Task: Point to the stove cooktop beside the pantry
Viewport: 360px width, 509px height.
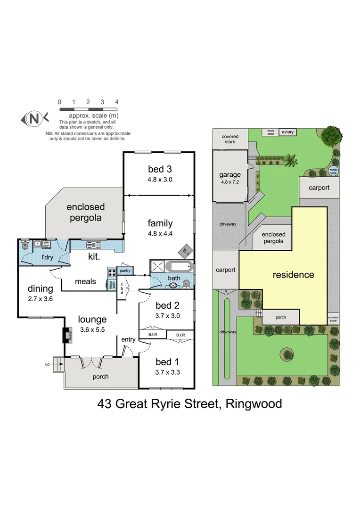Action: [x=112, y=272]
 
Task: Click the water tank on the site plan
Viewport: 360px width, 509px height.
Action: [x=333, y=171]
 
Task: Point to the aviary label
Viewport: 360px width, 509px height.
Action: [x=287, y=132]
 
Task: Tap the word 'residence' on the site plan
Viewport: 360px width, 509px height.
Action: [x=293, y=275]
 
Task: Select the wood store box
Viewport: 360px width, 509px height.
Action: [x=270, y=132]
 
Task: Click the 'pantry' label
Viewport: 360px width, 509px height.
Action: [x=125, y=271]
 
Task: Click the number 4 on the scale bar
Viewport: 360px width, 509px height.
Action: [x=116, y=102]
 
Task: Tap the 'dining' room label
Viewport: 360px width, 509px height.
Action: [x=41, y=288]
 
